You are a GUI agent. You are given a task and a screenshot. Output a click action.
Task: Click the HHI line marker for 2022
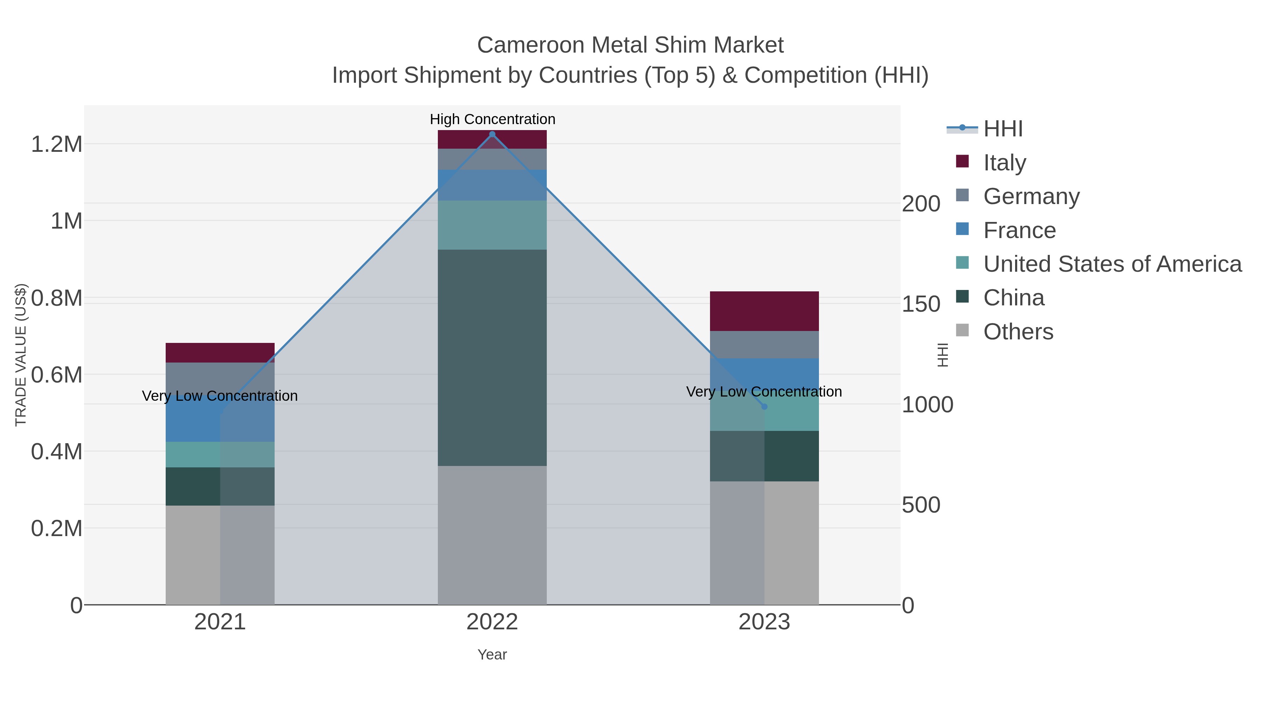(492, 134)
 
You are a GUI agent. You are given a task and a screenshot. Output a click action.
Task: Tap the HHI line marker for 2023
(764, 407)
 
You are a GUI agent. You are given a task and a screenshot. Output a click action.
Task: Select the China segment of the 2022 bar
(492, 358)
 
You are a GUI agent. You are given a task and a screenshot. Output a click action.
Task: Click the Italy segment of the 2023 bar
(764, 311)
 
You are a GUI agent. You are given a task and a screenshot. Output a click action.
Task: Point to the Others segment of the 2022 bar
(492, 535)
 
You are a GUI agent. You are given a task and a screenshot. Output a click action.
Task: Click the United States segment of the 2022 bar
(492, 225)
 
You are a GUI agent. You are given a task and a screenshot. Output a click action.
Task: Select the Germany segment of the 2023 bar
(764, 344)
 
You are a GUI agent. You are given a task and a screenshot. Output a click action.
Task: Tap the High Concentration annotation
(492, 119)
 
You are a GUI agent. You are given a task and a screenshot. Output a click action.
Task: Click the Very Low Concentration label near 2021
(220, 396)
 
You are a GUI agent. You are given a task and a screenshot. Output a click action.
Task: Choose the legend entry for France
(1019, 230)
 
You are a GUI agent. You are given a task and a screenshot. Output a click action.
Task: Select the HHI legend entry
(1002, 129)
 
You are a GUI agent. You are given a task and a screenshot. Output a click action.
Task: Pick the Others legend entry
(1018, 332)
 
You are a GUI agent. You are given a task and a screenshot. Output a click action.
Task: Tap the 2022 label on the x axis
(492, 622)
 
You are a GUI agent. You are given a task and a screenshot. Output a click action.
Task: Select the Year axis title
(492, 655)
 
